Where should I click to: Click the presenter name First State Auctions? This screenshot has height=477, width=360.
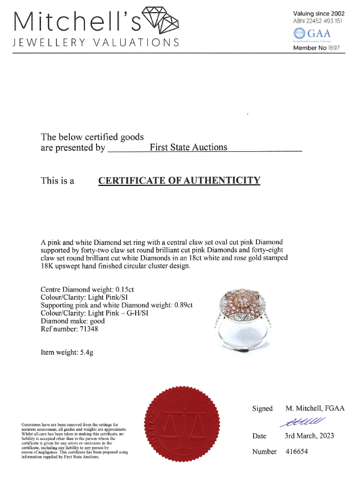pyautogui.click(x=188, y=147)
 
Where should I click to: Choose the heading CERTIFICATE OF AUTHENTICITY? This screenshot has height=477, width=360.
pyautogui.click(x=179, y=180)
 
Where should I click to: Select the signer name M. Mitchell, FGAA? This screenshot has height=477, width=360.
pyautogui.click(x=315, y=408)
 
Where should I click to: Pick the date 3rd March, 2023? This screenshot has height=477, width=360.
pyautogui.click(x=309, y=435)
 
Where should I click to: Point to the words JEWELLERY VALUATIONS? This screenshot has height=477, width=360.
pyautogui.click(x=96, y=43)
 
